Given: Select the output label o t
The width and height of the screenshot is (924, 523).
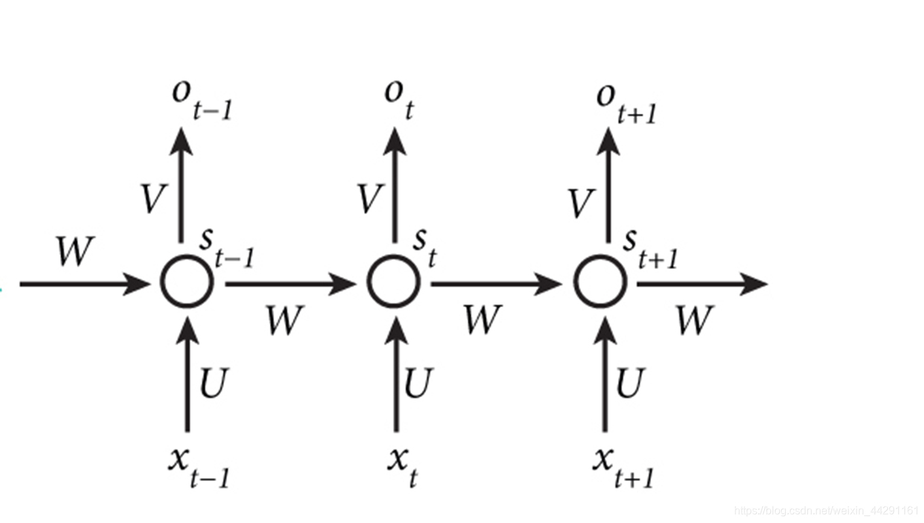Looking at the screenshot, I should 399,99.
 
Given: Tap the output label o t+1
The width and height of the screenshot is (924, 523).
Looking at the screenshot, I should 625,102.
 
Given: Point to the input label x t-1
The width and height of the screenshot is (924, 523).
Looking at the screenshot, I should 199,466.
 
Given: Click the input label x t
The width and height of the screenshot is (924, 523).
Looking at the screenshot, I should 402,466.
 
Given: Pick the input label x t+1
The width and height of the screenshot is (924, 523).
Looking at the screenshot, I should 622,466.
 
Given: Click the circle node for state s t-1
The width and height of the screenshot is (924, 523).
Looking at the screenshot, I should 187,282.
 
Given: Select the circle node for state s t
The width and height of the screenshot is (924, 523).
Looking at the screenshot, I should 394,282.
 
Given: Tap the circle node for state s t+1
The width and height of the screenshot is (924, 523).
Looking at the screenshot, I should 600,282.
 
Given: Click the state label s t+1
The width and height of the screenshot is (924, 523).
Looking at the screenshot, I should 650,249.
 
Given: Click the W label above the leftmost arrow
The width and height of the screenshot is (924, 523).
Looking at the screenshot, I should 74,252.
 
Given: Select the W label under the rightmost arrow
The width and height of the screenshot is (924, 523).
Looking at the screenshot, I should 694,320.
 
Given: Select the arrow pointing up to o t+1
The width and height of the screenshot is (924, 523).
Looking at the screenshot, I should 607,184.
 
